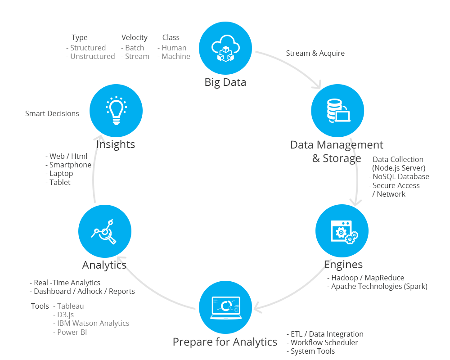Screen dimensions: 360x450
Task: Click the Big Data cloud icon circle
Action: coord(225,49)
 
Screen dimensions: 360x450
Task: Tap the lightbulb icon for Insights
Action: coord(116,110)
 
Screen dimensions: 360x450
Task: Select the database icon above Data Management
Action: coord(337,110)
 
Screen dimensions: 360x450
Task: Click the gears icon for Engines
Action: coord(342,231)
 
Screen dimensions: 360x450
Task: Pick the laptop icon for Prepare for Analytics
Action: coord(225,308)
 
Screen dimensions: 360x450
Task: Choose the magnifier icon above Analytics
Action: coord(105,231)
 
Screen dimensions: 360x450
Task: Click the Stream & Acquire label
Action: coord(315,53)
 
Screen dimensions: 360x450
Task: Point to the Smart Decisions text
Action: coord(52,113)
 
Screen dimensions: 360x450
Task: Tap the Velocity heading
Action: coord(134,38)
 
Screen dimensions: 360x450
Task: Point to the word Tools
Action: coord(40,306)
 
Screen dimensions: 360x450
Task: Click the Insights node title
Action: coord(116,144)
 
